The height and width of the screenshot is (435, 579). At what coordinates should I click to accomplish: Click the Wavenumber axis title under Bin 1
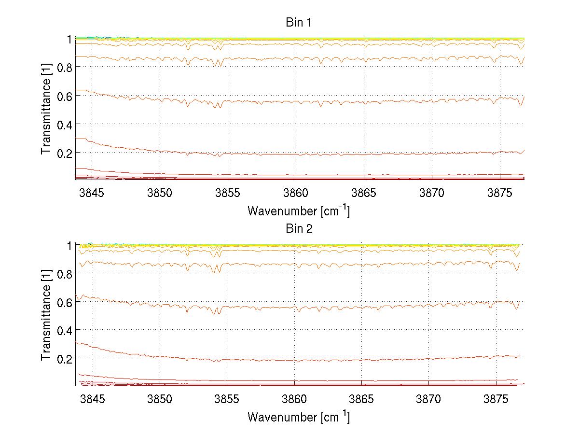(298, 211)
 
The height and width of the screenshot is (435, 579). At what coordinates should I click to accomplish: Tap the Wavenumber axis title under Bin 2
(298, 417)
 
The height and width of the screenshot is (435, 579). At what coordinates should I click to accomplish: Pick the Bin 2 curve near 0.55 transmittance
(338, 308)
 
